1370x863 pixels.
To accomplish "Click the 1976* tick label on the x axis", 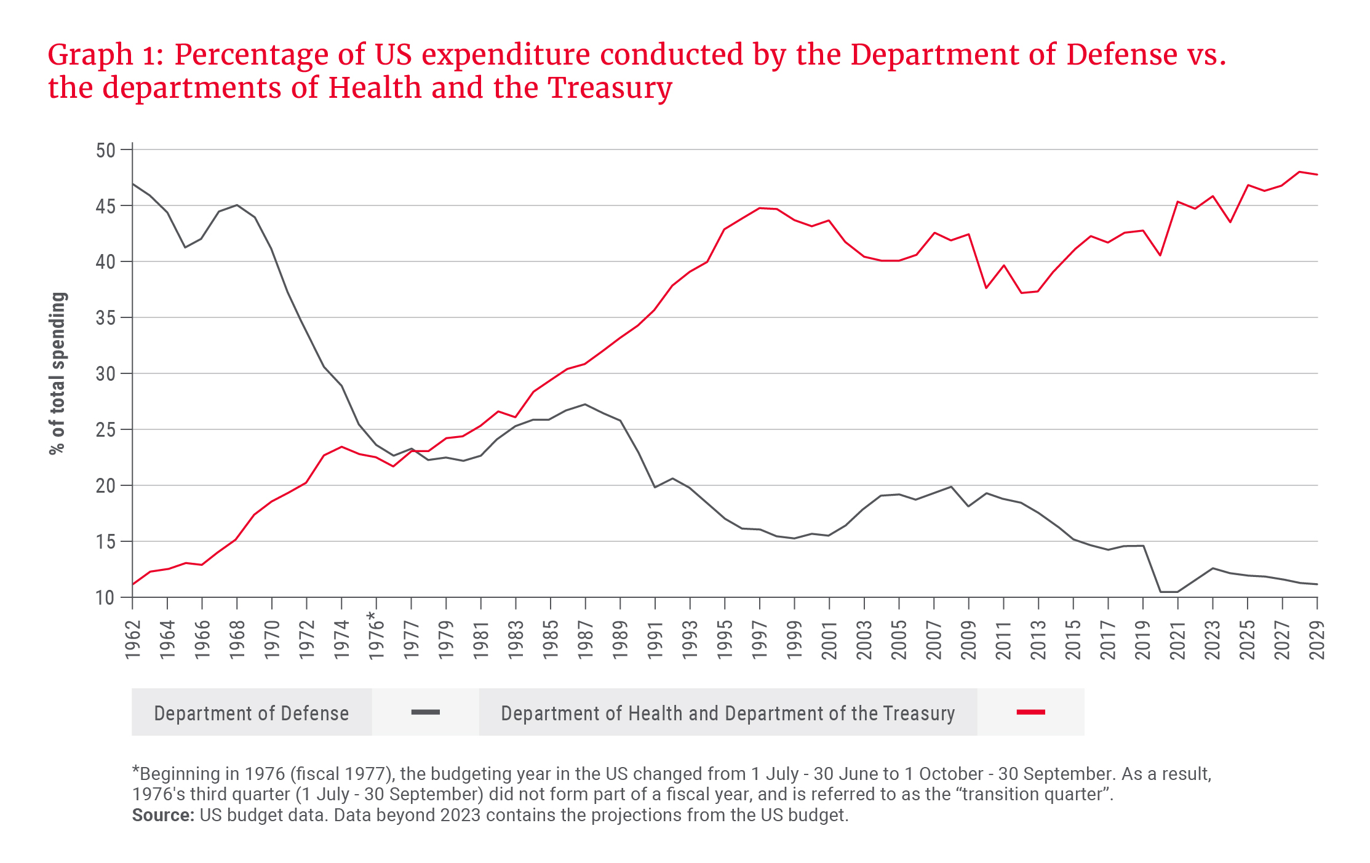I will click(376, 636).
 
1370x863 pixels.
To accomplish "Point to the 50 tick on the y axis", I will click(106, 150).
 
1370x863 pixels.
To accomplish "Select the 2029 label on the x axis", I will click(1316, 640).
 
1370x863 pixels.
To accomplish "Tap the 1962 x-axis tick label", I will click(133, 640).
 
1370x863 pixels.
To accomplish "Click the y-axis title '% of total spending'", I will click(57, 373).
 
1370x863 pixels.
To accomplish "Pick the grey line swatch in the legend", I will click(425, 712).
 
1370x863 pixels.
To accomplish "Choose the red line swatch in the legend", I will click(1030, 712).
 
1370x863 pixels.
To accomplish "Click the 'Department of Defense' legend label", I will click(251, 713).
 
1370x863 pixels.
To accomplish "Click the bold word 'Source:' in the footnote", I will click(163, 815).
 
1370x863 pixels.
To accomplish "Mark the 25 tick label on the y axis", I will click(106, 429).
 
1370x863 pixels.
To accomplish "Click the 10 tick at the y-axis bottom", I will click(106, 597).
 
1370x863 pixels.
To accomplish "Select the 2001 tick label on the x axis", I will click(829, 640).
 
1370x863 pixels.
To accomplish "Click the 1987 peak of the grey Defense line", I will click(584, 404).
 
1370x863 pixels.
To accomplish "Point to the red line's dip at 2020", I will click(1160, 255).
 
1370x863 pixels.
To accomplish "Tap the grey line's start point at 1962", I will click(133, 184).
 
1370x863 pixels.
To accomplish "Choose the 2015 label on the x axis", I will click(1073, 640).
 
